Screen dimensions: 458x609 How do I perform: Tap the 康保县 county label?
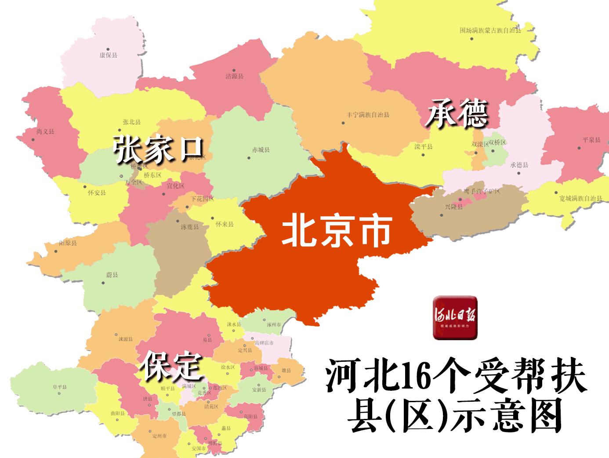pos(108,55)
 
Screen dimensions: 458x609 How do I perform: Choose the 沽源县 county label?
pos(234,76)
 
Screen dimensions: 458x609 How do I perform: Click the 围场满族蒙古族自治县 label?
pos(490,31)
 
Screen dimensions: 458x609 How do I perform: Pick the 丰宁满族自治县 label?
pos(368,115)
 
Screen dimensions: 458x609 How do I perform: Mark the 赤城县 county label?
pos(261,150)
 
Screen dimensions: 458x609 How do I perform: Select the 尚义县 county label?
pos(46,131)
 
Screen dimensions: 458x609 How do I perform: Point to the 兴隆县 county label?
pos(454,207)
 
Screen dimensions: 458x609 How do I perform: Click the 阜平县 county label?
pos(59,387)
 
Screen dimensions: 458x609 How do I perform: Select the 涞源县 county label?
pos(126,339)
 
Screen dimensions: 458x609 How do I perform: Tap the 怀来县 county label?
pos(225,224)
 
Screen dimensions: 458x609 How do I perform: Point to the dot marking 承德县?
pos(519,173)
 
